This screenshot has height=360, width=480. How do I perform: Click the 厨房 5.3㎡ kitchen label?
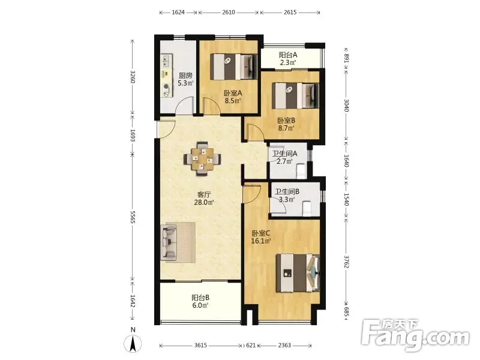[185, 79]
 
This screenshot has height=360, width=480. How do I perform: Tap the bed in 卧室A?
[233, 67]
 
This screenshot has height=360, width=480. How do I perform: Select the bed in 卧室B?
[295, 95]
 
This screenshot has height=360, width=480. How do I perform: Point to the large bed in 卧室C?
[298, 273]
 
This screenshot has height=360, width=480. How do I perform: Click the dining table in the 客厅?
[202, 159]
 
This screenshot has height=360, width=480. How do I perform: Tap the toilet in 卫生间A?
[301, 170]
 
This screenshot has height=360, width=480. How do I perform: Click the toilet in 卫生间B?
[307, 208]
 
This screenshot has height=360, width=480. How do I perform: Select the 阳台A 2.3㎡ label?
[288, 59]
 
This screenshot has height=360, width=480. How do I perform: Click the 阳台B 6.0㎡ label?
[200, 301]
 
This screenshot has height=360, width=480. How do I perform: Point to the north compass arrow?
[133, 343]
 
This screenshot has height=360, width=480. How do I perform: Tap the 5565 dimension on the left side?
[133, 217]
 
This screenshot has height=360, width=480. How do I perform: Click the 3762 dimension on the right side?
[346, 262]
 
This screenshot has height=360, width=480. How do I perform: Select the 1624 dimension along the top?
[178, 12]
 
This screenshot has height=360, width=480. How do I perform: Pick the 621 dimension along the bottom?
[251, 346]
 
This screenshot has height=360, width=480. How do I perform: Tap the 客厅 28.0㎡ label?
[204, 199]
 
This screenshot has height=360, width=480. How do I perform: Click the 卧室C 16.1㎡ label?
[261, 237]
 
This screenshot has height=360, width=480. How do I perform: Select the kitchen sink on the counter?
[166, 61]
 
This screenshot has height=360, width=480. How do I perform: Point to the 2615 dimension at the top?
[290, 12]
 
